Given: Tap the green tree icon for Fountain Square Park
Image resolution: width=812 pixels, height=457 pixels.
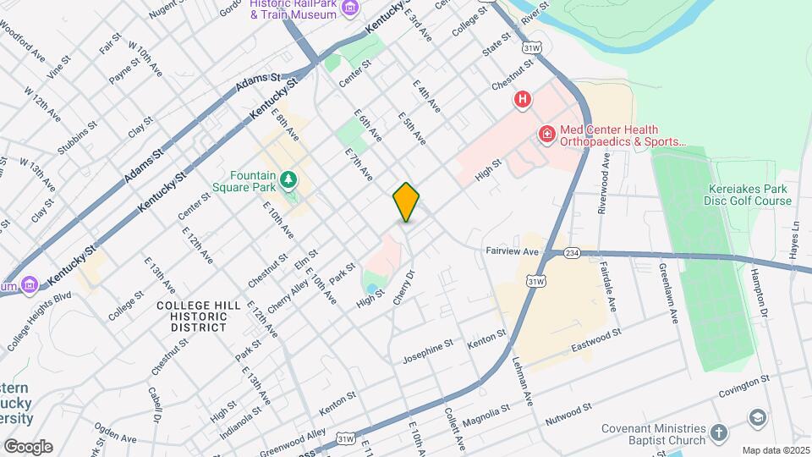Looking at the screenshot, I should pyautogui.click(x=289, y=179).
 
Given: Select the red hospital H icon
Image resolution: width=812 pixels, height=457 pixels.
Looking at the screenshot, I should pyautogui.click(x=523, y=100).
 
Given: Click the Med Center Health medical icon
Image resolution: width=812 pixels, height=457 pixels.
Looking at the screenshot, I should pyautogui.click(x=547, y=133).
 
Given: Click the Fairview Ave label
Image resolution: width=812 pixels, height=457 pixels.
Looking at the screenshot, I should pyautogui.click(x=512, y=251).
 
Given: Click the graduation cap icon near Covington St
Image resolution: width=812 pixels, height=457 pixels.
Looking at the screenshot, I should pyautogui.click(x=757, y=417).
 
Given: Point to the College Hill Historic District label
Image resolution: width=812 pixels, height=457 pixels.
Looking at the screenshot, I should pyautogui.click(x=192, y=315).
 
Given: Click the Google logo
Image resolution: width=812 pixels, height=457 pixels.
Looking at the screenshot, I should pyautogui.click(x=28, y=446).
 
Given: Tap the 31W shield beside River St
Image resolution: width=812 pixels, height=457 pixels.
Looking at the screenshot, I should pyautogui.click(x=530, y=48).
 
